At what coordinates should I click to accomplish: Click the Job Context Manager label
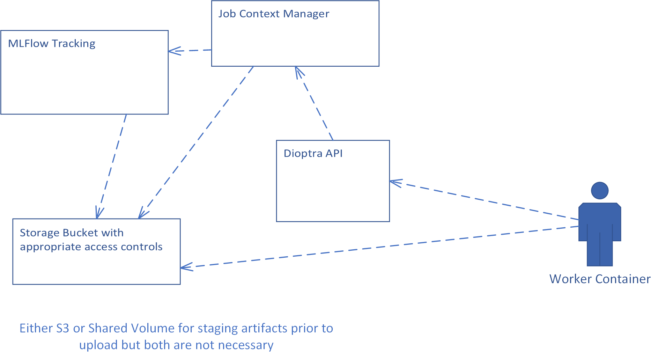click(x=274, y=14)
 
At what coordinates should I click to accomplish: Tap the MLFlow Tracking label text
click(x=52, y=44)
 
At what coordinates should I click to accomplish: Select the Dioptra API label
click(x=313, y=154)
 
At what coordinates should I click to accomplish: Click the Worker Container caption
click(x=600, y=279)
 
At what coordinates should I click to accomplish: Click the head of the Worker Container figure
click(x=600, y=191)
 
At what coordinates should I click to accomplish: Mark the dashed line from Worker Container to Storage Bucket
click(x=380, y=247)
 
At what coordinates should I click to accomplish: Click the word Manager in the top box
click(x=306, y=14)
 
